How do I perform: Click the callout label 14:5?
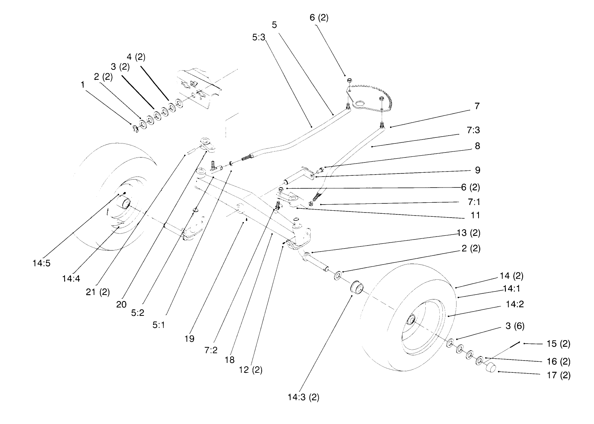41,263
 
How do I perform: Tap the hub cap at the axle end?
491,367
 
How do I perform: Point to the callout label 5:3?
258,37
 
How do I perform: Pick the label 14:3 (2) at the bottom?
303,397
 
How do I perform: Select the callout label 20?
122,305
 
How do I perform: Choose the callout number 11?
475,215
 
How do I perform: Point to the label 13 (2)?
468,232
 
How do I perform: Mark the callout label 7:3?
474,130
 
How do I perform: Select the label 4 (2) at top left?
136,57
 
